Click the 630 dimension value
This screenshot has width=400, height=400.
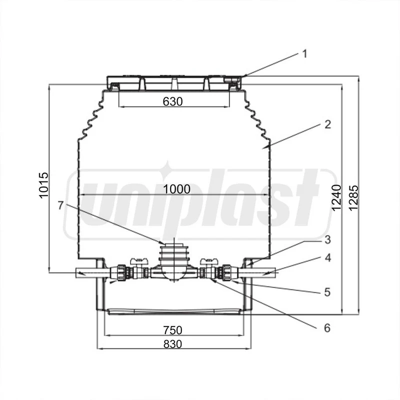(172, 101)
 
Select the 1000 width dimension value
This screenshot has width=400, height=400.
(176, 189)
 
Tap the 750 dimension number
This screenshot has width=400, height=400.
(172, 330)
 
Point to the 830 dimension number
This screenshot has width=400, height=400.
(172, 344)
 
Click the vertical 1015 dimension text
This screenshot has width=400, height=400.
(43, 185)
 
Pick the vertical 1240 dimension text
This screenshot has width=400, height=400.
(336, 197)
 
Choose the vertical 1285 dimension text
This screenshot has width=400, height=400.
(354, 197)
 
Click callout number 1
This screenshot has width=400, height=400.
(304, 54)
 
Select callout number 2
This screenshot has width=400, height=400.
(328, 124)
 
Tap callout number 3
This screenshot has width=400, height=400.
(328, 239)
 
